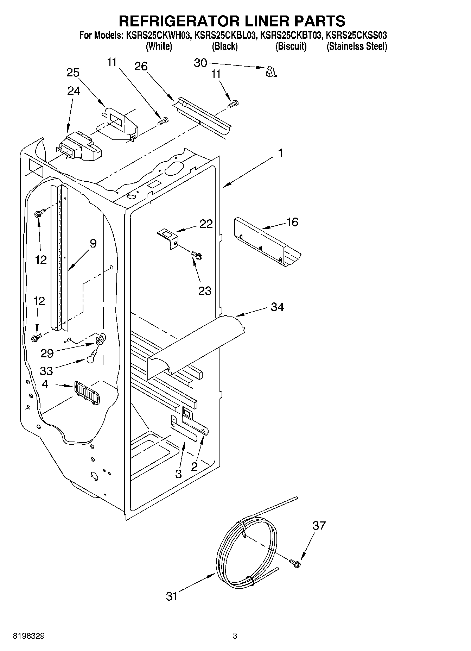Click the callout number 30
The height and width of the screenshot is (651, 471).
point(200,63)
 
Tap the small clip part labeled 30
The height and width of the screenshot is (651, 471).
point(271,71)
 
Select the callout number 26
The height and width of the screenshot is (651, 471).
point(141,66)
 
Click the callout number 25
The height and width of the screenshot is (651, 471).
point(73,73)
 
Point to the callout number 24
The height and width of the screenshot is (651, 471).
point(74,91)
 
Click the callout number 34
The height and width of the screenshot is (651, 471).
point(277,307)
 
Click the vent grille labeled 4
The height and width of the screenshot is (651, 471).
point(87,393)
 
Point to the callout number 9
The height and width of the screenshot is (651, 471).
point(93,243)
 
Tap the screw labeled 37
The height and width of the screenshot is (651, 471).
point(295,563)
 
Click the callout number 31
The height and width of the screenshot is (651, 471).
point(171,596)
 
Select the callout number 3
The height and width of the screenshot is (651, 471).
point(178,474)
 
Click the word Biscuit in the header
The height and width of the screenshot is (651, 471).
point(291,46)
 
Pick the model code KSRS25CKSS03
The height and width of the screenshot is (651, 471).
point(357,35)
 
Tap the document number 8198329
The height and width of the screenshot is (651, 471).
point(28,636)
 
